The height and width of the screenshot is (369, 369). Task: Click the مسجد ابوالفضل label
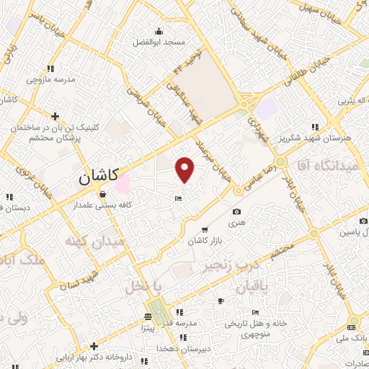coord(159,43)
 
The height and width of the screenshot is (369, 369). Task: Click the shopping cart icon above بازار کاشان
coord(205,228)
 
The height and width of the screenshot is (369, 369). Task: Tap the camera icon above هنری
coord(237,212)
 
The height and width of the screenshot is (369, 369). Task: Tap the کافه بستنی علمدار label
coord(103,206)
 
